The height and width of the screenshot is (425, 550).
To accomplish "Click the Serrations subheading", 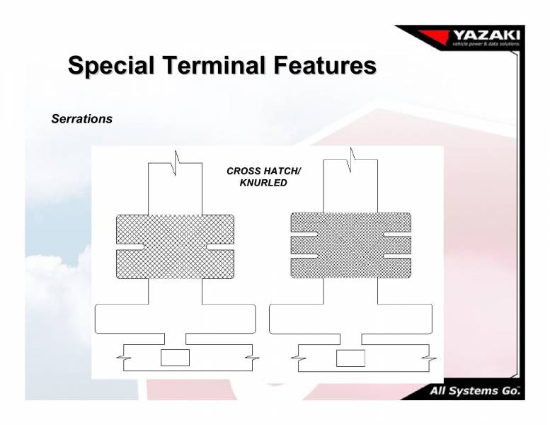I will click(82, 119).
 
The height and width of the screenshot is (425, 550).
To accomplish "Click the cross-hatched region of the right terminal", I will click(350, 244).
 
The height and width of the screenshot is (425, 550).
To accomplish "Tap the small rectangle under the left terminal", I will click(175, 358).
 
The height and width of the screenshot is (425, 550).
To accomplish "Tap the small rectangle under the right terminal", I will click(350, 358).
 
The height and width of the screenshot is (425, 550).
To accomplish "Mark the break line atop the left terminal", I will click(176, 162).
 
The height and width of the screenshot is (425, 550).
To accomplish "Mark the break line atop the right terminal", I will click(351, 159).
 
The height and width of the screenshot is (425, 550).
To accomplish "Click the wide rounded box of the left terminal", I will click(175, 318).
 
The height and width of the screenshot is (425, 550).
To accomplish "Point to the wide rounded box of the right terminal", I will click(350, 318).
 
